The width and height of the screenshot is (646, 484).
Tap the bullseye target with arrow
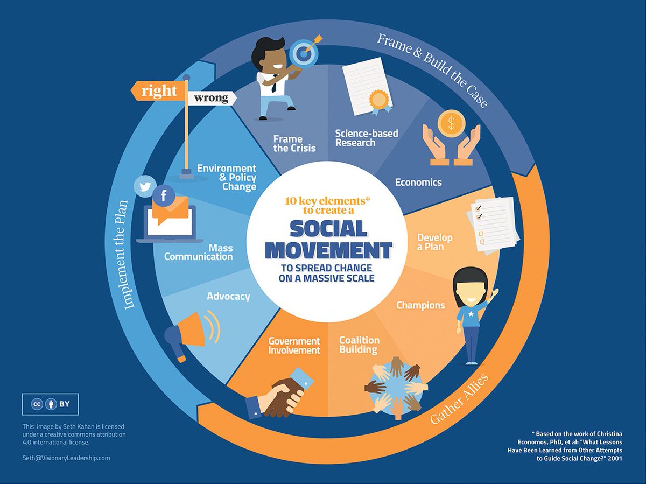(303, 53)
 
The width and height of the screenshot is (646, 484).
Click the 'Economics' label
(418, 182)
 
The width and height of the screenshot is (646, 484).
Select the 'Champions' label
(420, 305)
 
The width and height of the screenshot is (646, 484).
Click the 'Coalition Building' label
(359, 345)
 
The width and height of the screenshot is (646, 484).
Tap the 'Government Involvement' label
(294, 346)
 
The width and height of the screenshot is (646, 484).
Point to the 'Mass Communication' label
(199, 252)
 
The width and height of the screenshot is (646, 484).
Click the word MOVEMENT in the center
(329, 250)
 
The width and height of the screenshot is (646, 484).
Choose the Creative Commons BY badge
(50, 404)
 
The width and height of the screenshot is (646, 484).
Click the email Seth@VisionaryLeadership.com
(66, 458)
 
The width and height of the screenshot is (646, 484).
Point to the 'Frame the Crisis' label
(294, 143)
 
